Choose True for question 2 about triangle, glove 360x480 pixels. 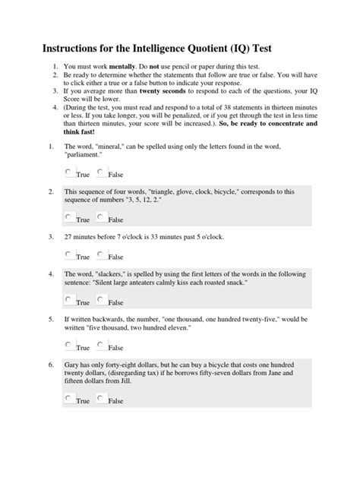pyautogui.click(x=69, y=218)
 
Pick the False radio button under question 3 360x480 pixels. pyautogui.click(x=102, y=255)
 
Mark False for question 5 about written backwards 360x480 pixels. pyautogui.click(x=102, y=346)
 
